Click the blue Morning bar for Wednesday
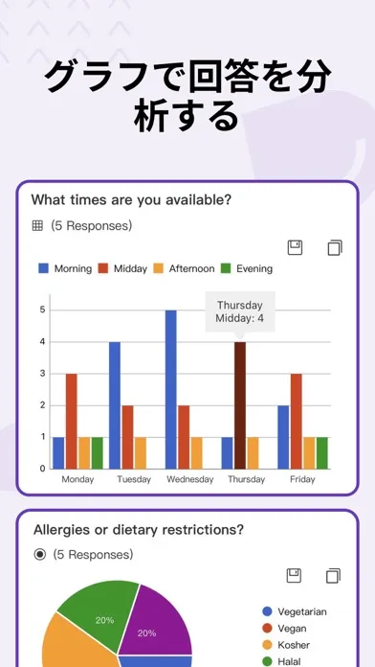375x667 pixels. tap(170, 390)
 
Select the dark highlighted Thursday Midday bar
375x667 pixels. tap(240, 405)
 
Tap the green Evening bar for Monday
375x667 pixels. tap(98, 453)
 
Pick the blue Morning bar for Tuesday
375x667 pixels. tap(115, 405)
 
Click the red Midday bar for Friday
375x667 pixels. tap(296, 421)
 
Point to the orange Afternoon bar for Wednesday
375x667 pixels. tap(197, 453)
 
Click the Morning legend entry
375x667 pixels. tap(65, 268)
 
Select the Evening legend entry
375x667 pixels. tap(247, 268)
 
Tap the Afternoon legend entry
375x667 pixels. tap(184, 268)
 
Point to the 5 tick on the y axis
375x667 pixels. tap(42, 310)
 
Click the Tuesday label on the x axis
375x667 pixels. tap(134, 479)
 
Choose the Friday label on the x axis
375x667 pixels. tap(302, 479)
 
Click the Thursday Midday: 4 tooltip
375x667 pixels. tap(240, 311)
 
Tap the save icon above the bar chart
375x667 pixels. tap(296, 247)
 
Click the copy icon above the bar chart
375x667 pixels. tap(335, 247)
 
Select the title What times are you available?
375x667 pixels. tap(131, 199)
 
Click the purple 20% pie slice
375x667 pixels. tap(153, 621)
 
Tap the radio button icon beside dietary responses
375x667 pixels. tap(40, 555)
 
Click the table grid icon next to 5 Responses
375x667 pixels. tap(38, 226)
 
